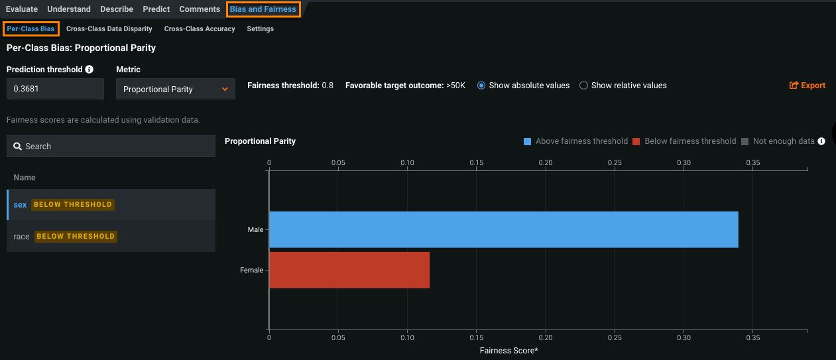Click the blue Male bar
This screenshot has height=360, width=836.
[x=503, y=229]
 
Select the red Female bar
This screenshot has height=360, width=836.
[x=349, y=270]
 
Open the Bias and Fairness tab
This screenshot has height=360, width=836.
[x=263, y=9]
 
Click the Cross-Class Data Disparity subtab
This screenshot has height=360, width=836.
[x=109, y=29]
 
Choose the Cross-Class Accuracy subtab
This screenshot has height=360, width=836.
[x=200, y=29]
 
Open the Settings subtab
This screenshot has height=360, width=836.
[x=260, y=29]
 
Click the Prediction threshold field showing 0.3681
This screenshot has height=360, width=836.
[x=55, y=89]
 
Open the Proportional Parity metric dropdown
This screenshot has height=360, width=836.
[x=175, y=89]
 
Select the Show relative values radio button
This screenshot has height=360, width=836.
[x=584, y=86]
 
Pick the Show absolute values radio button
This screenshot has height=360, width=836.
[x=482, y=86]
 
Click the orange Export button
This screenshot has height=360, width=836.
[x=807, y=86]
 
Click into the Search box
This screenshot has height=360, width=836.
[x=111, y=147]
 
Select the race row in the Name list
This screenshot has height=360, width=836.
[x=22, y=237]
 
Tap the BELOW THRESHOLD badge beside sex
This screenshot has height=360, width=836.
[x=73, y=205]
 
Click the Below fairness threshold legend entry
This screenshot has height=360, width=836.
[x=684, y=141]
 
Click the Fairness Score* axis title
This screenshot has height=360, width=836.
[x=508, y=350]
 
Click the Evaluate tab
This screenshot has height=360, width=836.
[x=22, y=9]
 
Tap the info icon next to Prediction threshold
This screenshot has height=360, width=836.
[x=90, y=69]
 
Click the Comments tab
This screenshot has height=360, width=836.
[x=200, y=9]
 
